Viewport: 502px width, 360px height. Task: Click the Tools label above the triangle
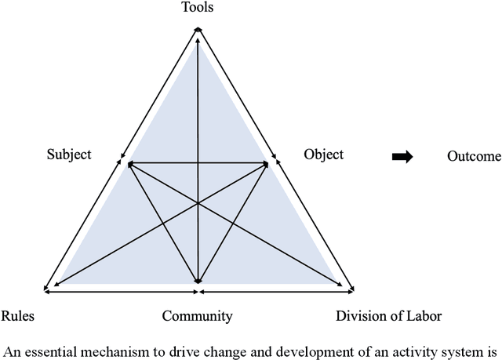pyautogui.click(x=197, y=8)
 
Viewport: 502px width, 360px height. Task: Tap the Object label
pyautogui.click(x=323, y=155)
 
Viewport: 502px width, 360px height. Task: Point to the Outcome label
pyautogui.click(x=474, y=157)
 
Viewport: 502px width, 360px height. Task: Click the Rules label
pyautogui.click(x=17, y=317)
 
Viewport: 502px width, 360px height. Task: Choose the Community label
pyautogui.click(x=197, y=317)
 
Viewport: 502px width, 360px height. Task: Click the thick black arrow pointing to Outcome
pyautogui.click(x=402, y=157)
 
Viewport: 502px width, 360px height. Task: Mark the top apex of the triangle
pyautogui.click(x=198, y=30)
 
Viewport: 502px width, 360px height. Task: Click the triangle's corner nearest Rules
pyautogui.click(x=47, y=289)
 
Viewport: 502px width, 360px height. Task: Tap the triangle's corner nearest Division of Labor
pyautogui.click(x=350, y=289)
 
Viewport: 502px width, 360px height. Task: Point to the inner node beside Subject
pyautogui.click(x=129, y=164)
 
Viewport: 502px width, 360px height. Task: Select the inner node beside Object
pyautogui.click(x=267, y=164)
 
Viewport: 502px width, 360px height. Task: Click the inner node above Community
pyautogui.click(x=198, y=281)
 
